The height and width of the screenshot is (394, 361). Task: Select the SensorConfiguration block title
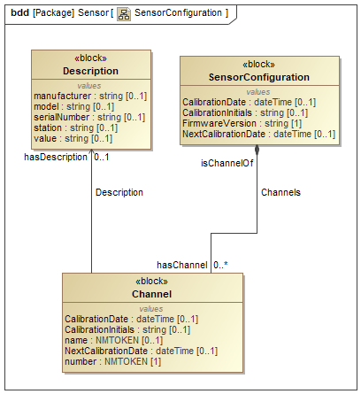[x=258, y=78]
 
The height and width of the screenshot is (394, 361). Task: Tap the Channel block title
[x=151, y=294]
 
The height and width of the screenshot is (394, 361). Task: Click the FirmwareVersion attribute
[x=240, y=123]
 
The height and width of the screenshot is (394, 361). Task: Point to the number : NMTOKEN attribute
[x=110, y=361]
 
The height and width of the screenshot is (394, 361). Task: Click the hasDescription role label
[x=58, y=157]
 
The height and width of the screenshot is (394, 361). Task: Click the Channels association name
[x=281, y=191]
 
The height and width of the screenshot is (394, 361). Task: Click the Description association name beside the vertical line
[x=119, y=191]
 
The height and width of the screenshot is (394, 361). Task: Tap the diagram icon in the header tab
[x=125, y=13]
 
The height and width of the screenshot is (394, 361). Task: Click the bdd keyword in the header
[x=18, y=13]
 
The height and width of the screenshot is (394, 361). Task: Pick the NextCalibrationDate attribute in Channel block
[x=141, y=351]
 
